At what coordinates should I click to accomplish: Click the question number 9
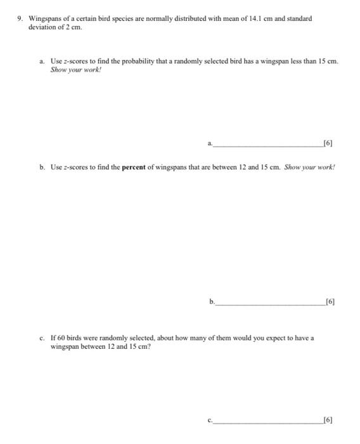20,19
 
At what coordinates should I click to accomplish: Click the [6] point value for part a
328,143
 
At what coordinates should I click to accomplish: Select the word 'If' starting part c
54,338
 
